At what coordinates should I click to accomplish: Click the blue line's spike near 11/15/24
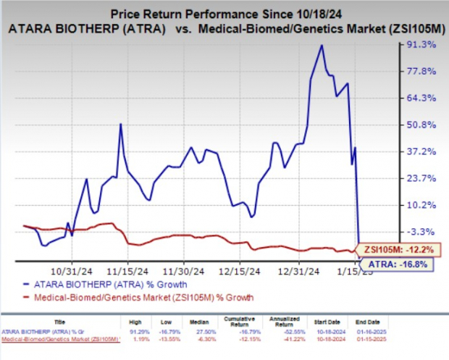(x=119, y=124)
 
